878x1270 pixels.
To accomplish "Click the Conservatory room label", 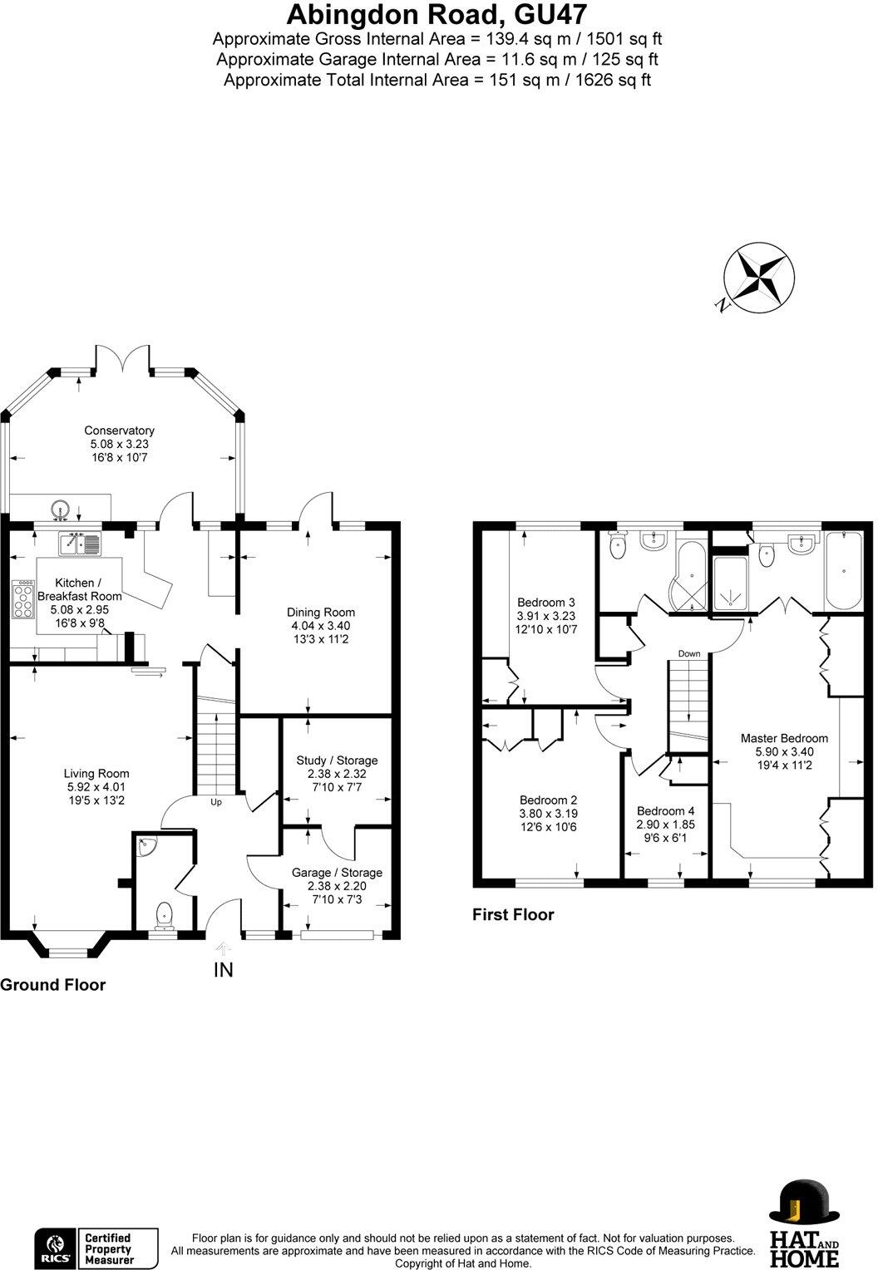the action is point(119,431).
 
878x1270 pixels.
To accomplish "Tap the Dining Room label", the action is point(321,613).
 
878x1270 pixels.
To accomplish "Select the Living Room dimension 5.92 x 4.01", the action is point(96,787).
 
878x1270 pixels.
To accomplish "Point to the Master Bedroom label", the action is point(784,738).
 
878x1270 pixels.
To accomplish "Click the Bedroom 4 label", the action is point(665,811).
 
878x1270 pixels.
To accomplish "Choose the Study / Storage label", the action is point(337,761).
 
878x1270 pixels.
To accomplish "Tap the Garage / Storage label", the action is point(337,873).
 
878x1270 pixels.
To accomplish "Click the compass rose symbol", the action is point(759,278).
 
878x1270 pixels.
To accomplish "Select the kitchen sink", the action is point(80,544).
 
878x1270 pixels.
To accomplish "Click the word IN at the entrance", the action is point(224,970).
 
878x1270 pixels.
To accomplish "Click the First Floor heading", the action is point(513,914).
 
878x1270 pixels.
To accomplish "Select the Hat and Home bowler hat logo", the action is point(804,1212).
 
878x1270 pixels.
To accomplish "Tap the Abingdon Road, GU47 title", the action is point(437,14).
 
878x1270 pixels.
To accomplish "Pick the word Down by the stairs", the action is point(689,654).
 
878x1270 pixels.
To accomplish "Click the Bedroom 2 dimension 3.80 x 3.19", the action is point(549,814).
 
